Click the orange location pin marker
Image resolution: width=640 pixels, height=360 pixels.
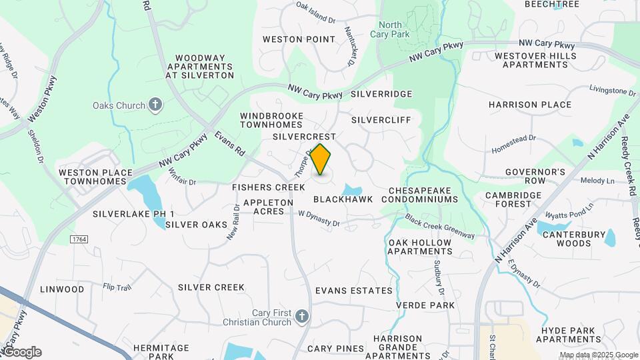[x=321, y=160]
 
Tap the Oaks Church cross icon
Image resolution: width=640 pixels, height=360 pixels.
[x=155, y=105]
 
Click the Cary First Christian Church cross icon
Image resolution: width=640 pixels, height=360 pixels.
[x=302, y=315]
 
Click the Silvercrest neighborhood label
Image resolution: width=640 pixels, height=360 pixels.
[x=305, y=136]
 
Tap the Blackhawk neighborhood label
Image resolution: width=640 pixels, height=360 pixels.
[x=343, y=199]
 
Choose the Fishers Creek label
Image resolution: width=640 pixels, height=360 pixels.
[x=269, y=187]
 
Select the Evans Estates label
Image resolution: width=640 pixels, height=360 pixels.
[x=354, y=291]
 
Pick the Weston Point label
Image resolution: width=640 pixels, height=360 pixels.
[x=299, y=39]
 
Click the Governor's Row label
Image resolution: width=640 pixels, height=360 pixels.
[x=535, y=176]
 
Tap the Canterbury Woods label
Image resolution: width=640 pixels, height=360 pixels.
[x=565, y=239]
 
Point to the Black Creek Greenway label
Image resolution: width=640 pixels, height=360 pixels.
[x=439, y=227]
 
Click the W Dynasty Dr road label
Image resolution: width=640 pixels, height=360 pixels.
[x=319, y=219]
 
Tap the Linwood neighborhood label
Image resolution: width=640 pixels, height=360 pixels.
[x=63, y=289]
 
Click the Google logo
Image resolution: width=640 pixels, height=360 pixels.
[x=21, y=352]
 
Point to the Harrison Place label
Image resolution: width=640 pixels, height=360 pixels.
[x=530, y=105]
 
